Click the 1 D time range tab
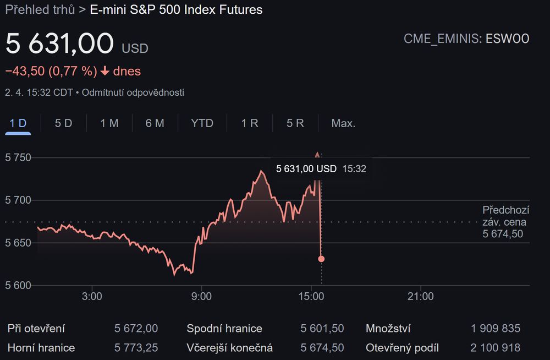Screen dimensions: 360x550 pyautogui.click(x=18, y=123)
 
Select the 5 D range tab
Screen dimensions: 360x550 pyautogui.click(x=63, y=123)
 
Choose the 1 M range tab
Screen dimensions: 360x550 pyautogui.click(x=109, y=123)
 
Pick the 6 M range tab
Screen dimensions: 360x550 pyautogui.click(x=155, y=123)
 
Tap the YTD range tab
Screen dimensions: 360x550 pyautogui.click(x=202, y=123)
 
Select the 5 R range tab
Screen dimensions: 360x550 pyautogui.click(x=295, y=123)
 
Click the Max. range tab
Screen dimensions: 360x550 pyautogui.click(x=343, y=123)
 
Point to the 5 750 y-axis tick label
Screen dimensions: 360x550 pyautogui.click(x=18, y=157)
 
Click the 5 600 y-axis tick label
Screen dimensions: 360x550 pyautogui.click(x=18, y=286)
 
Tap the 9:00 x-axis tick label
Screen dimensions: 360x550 pyautogui.click(x=201, y=297)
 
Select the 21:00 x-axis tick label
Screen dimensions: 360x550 pyautogui.click(x=420, y=297)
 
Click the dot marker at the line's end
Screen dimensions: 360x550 pyautogui.click(x=321, y=259)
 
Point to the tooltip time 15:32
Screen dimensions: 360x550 pyautogui.click(x=354, y=169)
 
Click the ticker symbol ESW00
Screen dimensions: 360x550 pyautogui.click(x=507, y=39)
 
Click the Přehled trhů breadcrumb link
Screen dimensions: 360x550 pyautogui.click(x=40, y=10)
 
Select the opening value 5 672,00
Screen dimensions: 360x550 pyautogui.click(x=136, y=329)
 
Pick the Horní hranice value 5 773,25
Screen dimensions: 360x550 pyautogui.click(x=136, y=348)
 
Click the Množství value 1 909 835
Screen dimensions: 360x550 pyautogui.click(x=495, y=329)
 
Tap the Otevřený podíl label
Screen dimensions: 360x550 pyautogui.click(x=403, y=348)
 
